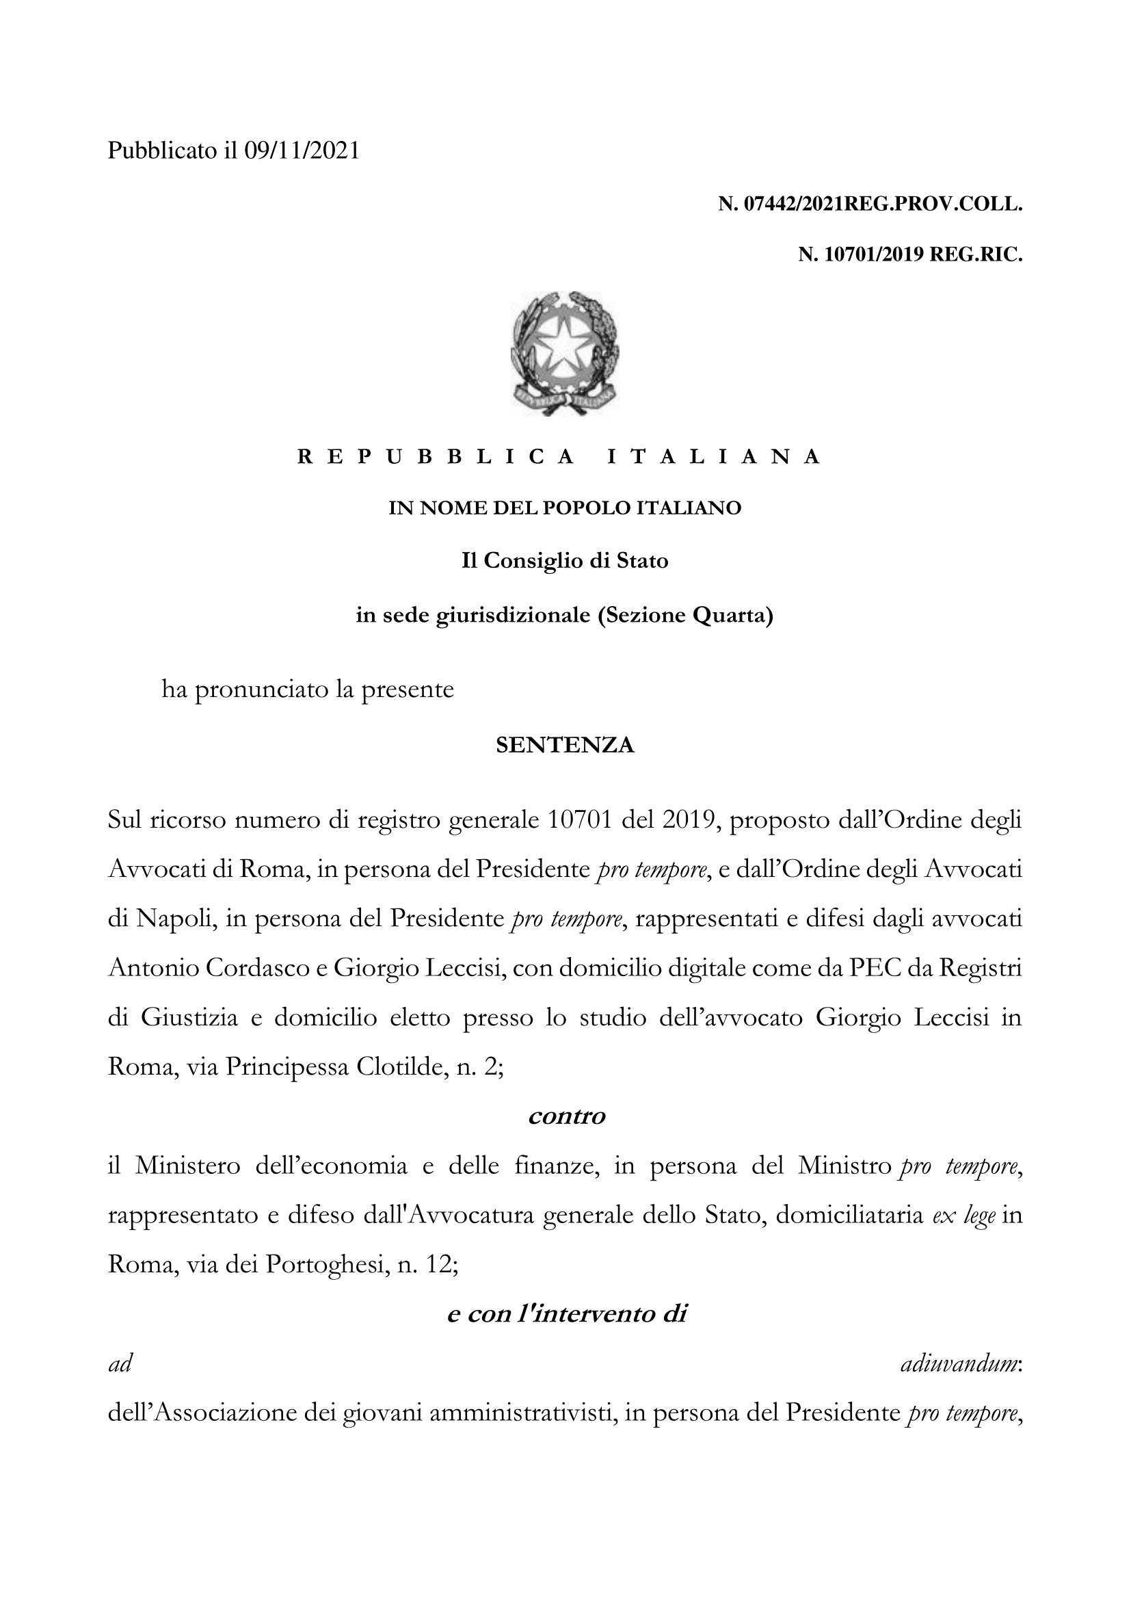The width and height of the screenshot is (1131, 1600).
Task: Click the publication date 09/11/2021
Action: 302,150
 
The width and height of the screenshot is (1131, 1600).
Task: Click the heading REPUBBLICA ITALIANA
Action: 560,457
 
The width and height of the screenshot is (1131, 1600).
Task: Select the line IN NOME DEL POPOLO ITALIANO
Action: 565,508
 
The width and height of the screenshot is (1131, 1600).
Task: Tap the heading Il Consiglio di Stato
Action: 565,560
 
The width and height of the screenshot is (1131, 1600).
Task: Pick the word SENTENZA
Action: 565,746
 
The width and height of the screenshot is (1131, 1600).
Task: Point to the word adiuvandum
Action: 960,1364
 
